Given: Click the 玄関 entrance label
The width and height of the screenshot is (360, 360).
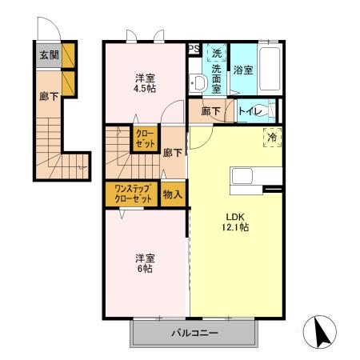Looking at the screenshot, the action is (x=49, y=55).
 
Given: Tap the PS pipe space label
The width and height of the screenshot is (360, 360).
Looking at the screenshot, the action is (x=194, y=49).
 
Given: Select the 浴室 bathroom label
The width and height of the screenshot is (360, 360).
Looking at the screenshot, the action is (x=243, y=70).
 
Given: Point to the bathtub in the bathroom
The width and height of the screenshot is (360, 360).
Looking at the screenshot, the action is (x=270, y=69).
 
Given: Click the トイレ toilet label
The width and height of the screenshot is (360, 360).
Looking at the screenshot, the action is (x=250, y=111).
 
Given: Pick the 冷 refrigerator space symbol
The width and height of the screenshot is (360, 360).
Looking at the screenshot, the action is (x=272, y=137).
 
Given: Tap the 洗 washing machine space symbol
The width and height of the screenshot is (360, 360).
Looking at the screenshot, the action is (x=217, y=53).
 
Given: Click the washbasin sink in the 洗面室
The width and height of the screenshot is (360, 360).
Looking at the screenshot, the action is (x=198, y=82).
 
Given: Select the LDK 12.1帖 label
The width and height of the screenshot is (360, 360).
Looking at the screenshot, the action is (x=235, y=222).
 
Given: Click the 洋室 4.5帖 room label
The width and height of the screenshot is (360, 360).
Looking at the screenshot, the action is (x=145, y=83).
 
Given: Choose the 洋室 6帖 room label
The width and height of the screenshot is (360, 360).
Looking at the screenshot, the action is (x=145, y=263).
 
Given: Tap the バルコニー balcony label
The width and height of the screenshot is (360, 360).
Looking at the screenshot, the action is (x=194, y=333).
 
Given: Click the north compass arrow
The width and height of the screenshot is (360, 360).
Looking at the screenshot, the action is (x=321, y=331).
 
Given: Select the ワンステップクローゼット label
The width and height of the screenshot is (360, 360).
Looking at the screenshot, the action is (x=133, y=194).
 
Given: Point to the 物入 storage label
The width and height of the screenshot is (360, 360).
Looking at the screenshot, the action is (x=173, y=194).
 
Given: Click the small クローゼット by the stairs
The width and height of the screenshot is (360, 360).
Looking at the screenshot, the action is (x=146, y=138).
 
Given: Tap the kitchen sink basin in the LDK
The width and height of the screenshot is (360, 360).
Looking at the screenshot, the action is (x=242, y=176).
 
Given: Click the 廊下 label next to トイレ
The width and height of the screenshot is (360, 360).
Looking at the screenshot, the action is (x=210, y=111).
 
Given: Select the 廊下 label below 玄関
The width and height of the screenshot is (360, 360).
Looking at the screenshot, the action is (x=49, y=96).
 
